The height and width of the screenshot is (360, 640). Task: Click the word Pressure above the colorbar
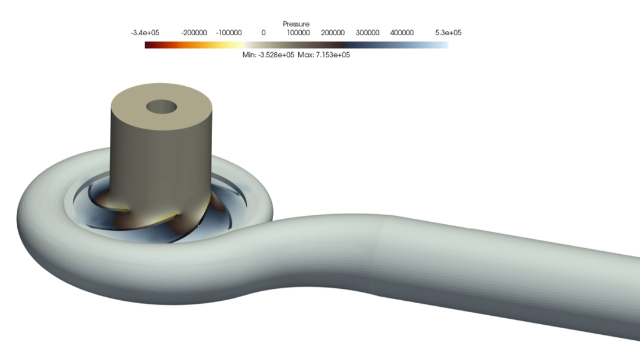click(x=296, y=24)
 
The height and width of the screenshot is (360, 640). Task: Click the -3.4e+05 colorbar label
click(x=145, y=33)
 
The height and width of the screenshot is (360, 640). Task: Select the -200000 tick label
click(x=194, y=33)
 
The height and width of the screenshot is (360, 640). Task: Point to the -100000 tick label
click(x=228, y=33)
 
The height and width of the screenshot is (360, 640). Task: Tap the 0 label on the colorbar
click(x=264, y=33)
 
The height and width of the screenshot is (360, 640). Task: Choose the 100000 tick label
click(x=298, y=33)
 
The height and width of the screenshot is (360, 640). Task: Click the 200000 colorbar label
click(x=333, y=33)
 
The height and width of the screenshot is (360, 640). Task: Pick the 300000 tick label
click(x=368, y=33)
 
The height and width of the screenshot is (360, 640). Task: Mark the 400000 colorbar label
click(x=402, y=33)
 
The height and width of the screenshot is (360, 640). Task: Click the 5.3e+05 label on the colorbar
click(x=448, y=33)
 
